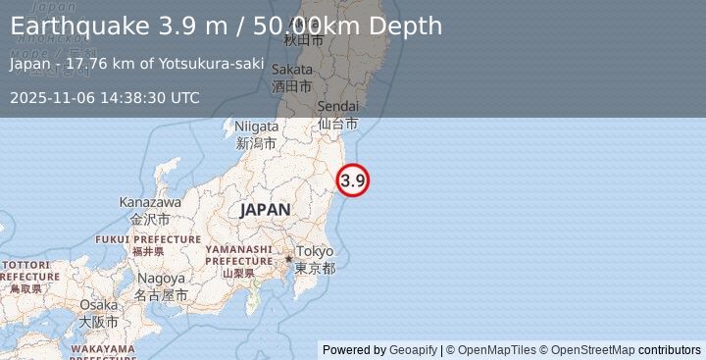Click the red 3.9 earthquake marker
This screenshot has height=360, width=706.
tap(353, 180)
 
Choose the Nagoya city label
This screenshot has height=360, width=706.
tap(160, 278)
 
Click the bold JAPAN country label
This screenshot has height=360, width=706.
tap(265, 209)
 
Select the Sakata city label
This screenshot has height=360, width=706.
tap(292, 69)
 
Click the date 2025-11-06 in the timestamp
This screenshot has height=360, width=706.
tap(52, 97)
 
